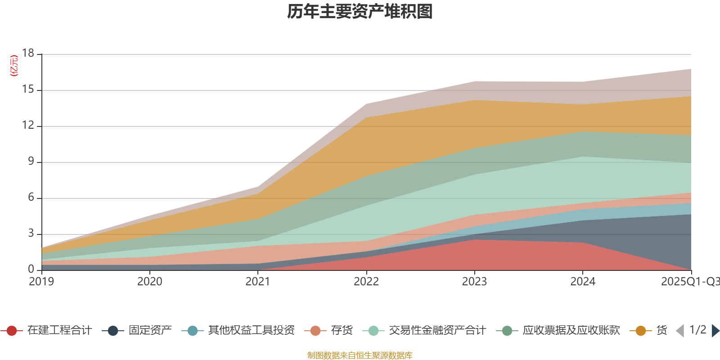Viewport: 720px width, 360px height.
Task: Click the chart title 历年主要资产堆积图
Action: point(360,12)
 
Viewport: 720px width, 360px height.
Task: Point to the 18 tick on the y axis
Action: point(28,53)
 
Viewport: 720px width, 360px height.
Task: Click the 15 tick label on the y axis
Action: point(28,90)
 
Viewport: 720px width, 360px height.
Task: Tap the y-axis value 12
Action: point(28,126)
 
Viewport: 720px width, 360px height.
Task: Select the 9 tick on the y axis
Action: point(31,162)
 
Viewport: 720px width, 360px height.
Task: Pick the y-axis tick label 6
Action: point(31,198)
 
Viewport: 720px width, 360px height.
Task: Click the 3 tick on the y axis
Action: point(31,234)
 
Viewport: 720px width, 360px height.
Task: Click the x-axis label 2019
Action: point(41,282)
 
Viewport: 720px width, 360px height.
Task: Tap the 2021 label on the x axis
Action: point(258,282)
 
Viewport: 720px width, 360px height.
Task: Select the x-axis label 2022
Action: point(366,282)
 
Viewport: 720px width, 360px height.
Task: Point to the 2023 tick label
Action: point(474,282)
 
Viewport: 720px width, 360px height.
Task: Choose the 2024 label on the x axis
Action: point(583,282)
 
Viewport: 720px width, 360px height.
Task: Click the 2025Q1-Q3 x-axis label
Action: point(690,282)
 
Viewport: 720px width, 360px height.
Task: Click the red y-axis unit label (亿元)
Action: point(14,66)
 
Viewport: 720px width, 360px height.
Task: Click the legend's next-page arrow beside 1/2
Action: point(715,331)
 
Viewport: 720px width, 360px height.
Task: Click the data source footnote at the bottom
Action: point(360,355)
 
